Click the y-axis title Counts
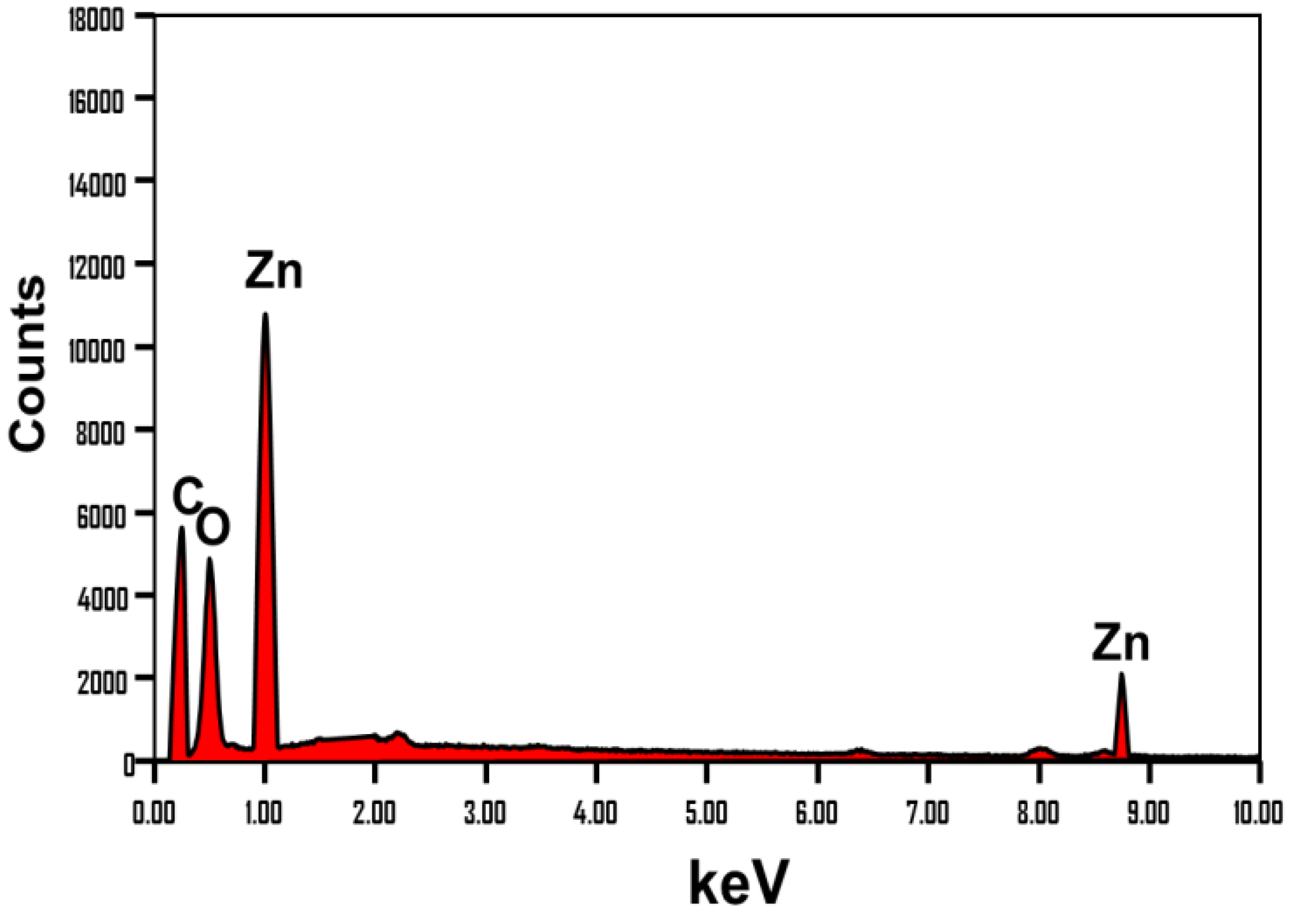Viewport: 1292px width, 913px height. (27, 363)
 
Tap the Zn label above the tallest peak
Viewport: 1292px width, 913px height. (274, 272)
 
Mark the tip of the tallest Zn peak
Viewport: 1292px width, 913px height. (265, 314)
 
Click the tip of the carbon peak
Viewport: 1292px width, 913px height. (181, 528)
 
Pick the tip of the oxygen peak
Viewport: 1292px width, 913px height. (209, 558)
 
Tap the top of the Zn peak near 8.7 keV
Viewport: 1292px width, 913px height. (1121, 674)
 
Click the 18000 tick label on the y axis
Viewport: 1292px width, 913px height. (95, 21)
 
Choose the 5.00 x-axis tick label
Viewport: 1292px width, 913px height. (706, 814)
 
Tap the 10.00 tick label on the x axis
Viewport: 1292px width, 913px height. (1258, 814)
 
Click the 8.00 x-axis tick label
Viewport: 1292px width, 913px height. (1038, 814)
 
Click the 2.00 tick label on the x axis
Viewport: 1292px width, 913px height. (374, 814)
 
